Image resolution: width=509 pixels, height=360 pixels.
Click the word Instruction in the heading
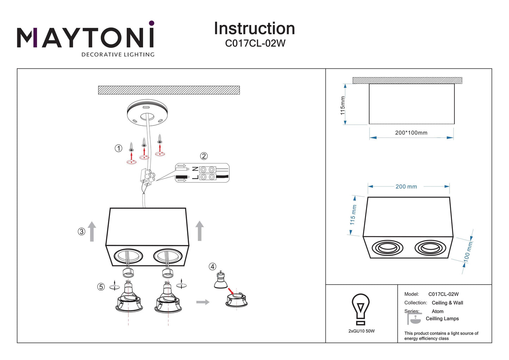(x=254, y=29)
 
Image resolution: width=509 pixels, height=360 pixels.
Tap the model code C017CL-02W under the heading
(x=255, y=43)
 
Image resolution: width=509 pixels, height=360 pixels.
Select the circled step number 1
(x=118, y=148)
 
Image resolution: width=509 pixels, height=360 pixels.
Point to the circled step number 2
(x=204, y=156)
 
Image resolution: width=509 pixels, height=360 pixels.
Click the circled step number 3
(x=81, y=231)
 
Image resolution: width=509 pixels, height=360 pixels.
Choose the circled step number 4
(x=212, y=267)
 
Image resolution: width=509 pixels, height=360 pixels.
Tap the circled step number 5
(x=101, y=287)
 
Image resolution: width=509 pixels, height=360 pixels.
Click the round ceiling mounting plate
(x=147, y=112)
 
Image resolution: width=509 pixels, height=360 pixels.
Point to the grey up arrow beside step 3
(x=92, y=231)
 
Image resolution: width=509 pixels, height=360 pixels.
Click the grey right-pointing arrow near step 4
(x=203, y=302)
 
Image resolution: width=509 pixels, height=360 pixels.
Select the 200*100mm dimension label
(x=411, y=133)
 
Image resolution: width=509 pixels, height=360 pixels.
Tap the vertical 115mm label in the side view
(x=343, y=105)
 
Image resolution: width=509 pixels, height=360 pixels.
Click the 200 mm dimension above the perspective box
(x=406, y=187)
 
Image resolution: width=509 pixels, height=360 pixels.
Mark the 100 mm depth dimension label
(x=467, y=251)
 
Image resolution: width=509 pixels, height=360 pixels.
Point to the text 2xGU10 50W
(x=361, y=331)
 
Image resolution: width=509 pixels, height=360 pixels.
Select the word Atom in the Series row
(x=437, y=311)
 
